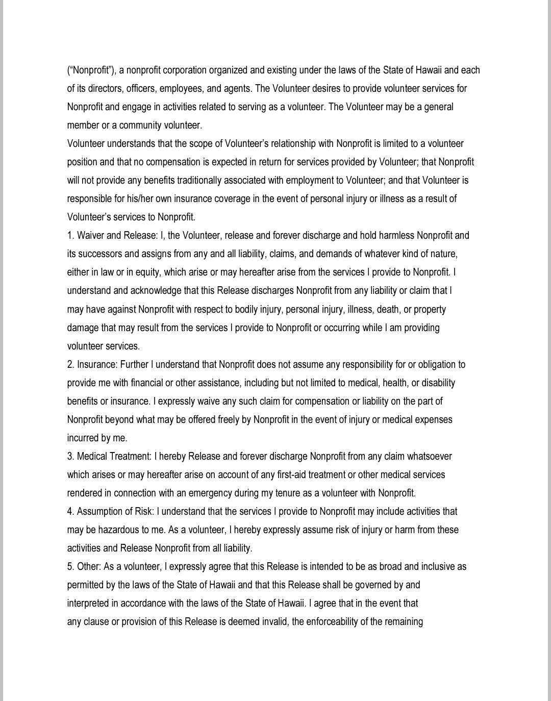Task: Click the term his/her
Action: [140, 198]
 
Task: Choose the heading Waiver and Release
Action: [117, 235]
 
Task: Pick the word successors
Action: [101, 254]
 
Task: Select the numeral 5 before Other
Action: [70, 566]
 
